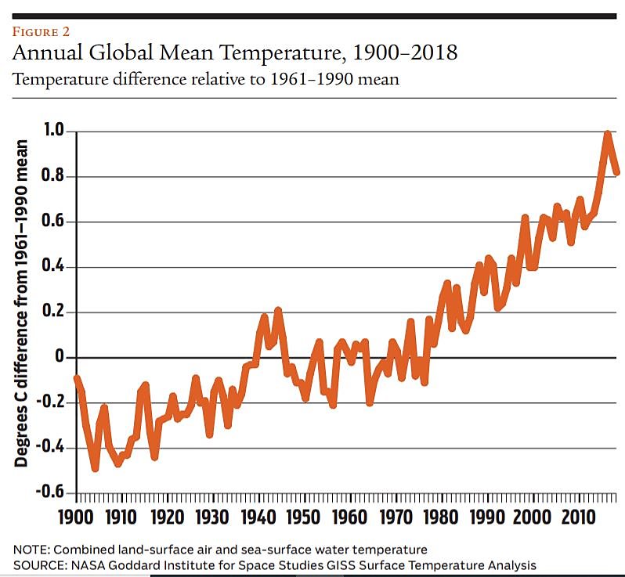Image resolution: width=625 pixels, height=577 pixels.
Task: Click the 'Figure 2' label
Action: (x=42, y=32)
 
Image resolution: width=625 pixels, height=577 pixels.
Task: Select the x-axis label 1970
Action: (x=393, y=517)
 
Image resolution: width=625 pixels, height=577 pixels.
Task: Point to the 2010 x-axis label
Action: (x=575, y=517)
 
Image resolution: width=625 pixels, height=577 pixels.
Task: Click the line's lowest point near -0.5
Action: (x=96, y=467)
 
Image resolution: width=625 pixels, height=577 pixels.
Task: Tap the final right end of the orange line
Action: (x=617, y=171)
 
